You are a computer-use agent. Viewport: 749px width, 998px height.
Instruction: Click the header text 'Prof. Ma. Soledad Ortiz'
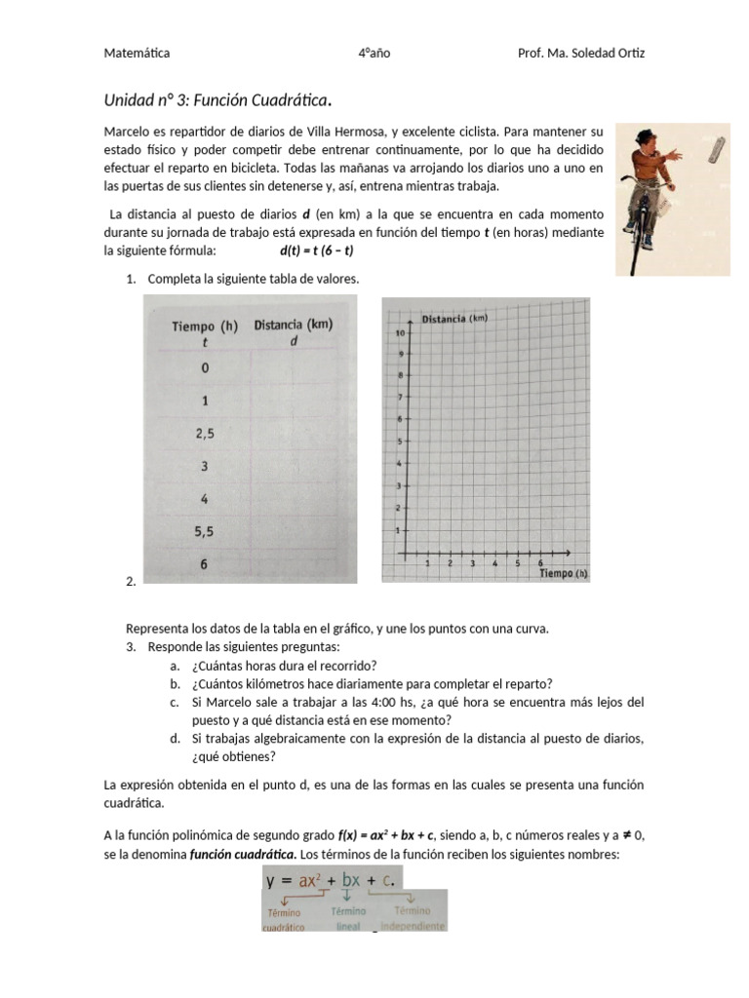(580, 54)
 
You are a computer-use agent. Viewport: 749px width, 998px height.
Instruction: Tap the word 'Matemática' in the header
(137, 54)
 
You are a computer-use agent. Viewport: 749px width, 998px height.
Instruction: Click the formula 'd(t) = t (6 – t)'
(317, 249)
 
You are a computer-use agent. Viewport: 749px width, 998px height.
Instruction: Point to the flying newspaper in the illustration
(719, 149)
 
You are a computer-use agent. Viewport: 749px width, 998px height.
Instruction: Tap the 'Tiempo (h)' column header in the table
(205, 331)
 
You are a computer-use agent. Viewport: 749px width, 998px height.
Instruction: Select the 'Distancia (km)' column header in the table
(295, 331)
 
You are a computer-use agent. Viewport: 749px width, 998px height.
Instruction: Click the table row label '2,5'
(205, 433)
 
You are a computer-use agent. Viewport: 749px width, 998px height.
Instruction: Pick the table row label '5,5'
(205, 531)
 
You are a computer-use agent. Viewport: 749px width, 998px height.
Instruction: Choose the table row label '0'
(205, 367)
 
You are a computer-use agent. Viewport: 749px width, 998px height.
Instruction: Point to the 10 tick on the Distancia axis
(399, 333)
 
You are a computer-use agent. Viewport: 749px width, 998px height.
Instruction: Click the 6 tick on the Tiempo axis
(540, 563)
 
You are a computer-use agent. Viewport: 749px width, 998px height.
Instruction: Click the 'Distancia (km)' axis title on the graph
(454, 319)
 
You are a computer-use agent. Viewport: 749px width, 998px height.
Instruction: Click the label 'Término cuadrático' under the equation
(285, 919)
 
